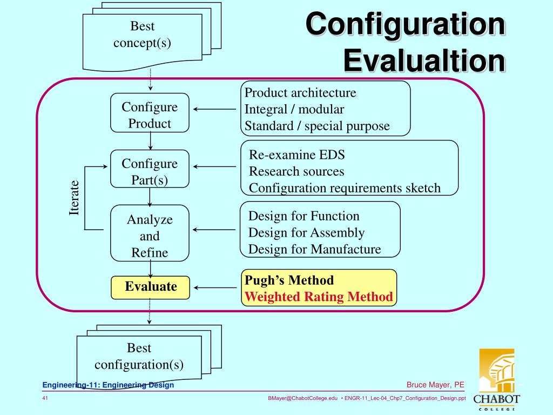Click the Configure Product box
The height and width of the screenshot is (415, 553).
[150, 113]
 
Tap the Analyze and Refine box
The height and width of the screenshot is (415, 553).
[150, 236]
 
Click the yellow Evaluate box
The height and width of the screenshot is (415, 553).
[151, 287]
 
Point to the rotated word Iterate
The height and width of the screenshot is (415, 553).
[74, 198]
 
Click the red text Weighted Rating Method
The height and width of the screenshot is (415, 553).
[319, 297]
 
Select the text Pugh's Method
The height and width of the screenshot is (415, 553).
[289, 280]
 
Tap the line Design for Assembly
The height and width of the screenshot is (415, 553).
[306, 233]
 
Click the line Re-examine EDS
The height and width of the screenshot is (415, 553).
[296, 155]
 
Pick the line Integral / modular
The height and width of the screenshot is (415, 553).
[294, 109]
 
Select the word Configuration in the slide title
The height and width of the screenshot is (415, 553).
[405, 25]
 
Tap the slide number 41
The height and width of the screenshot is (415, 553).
[45, 398]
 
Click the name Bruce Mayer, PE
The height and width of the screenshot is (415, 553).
[435, 385]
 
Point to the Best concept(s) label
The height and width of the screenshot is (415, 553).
[142, 35]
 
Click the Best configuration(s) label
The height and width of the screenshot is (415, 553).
[139, 356]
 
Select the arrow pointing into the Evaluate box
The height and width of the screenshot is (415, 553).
[215, 287]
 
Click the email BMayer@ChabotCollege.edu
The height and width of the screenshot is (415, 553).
[302, 398]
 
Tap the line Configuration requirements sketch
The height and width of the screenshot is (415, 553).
[345, 188]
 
